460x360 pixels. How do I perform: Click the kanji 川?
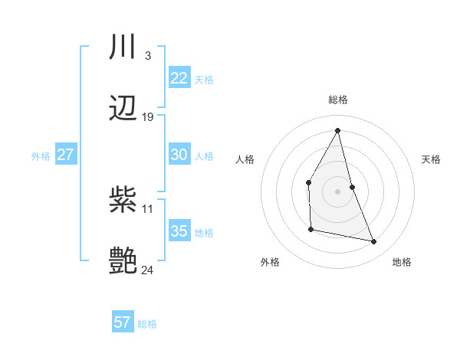[x=123, y=47]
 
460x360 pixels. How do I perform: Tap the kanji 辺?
[x=123, y=109]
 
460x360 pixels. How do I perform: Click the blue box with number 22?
[x=179, y=78]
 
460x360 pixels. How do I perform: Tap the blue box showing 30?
[x=179, y=155]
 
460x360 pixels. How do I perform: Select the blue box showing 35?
[x=179, y=231]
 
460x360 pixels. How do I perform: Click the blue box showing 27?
[x=65, y=155]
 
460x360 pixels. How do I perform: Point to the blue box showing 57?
[x=123, y=322]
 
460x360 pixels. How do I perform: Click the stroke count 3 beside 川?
[x=147, y=55]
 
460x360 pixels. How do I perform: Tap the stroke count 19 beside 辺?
[x=148, y=117]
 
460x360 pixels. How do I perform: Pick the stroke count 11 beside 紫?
[x=148, y=208]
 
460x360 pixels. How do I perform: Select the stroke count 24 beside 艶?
[x=148, y=270]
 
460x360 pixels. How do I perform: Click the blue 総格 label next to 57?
[x=147, y=324]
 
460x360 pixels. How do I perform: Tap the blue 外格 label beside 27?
[x=41, y=156]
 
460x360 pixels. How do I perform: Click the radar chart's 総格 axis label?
[x=338, y=100]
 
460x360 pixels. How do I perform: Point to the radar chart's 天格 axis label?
[x=432, y=159]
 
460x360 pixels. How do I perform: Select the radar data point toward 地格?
[x=374, y=242]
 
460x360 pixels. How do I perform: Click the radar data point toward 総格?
[x=338, y=129]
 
